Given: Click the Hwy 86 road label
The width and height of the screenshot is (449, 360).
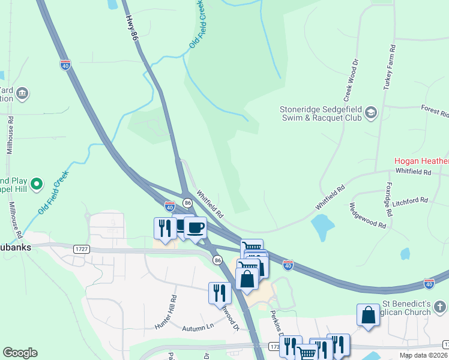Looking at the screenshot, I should coord(133,28).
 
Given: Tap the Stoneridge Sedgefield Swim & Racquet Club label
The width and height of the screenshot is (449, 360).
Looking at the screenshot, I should coord(321,113).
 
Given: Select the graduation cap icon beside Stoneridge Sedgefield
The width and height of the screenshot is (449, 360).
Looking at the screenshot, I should coord(371,113).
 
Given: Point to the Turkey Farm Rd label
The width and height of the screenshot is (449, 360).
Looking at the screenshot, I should coord(390,67).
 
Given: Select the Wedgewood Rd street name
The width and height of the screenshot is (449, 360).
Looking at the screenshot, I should coord(367,215).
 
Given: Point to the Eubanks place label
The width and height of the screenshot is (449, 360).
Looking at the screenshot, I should coord(15,247).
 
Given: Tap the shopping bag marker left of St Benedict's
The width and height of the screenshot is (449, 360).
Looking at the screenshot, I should coord(367,315).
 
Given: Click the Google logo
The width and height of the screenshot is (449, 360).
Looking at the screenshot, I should coord(20,353).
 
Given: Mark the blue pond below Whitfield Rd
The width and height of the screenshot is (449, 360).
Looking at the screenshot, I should coord(323,227).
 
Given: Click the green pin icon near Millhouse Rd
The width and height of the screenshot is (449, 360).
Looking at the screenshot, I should coord(37,183).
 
